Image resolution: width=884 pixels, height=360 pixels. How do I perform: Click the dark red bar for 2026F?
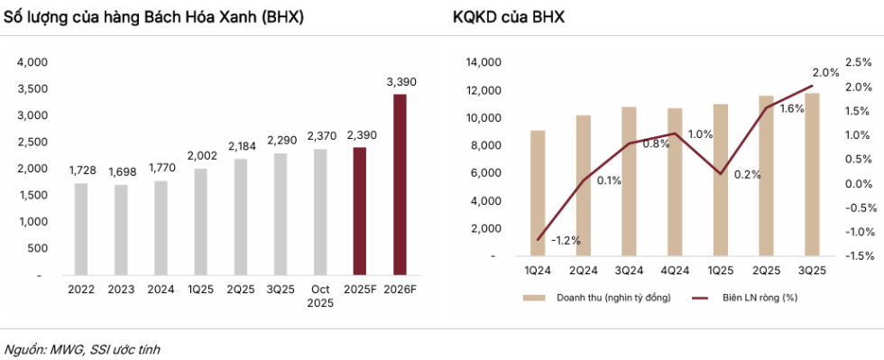coord(400,184)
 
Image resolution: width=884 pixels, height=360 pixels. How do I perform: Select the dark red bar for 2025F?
coord(359,211)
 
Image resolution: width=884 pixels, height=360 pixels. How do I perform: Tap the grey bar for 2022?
coord(81,228)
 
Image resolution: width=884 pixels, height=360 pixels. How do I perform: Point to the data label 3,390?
coord(401,82)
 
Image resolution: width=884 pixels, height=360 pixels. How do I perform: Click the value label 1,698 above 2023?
coord(121,171)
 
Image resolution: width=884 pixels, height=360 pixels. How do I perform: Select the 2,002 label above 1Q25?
coord(200,155)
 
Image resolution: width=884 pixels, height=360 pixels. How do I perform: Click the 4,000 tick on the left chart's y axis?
coord(32,62)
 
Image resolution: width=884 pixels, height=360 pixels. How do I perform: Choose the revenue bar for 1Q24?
coord(538,193)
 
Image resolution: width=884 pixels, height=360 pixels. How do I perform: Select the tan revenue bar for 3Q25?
coord(813,174)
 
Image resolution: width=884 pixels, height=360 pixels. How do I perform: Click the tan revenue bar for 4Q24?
coord(675,182)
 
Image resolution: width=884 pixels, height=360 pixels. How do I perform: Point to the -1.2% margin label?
coord(566,240)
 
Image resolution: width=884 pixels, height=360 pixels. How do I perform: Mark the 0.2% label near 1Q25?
coord(748,174)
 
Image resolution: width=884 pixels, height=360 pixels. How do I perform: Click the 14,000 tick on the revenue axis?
coord(485,62)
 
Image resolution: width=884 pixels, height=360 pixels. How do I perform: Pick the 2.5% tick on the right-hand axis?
coord(859,62)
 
